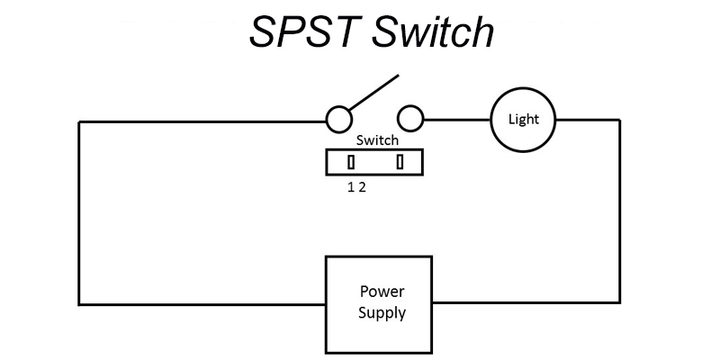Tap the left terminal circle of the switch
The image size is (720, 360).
click(x=338, y=119)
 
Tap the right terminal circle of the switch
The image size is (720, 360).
click(x=410, y=119)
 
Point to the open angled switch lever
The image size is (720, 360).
click(x=373, y=94)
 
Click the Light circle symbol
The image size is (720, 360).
click(x=524, y=120)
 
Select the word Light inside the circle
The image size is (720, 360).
click(x=524, y=120)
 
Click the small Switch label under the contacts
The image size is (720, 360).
click(x=377, y=141)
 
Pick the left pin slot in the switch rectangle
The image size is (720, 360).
click(x=351, y=162)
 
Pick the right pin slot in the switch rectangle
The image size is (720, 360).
click(x=400, y=162)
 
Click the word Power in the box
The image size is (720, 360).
click(x=382, y=292)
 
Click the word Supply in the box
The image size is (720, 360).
click(x=382, y=314)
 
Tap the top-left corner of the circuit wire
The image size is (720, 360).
click(x=79, y=121)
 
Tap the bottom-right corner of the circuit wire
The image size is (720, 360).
click(x=619, y=302)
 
